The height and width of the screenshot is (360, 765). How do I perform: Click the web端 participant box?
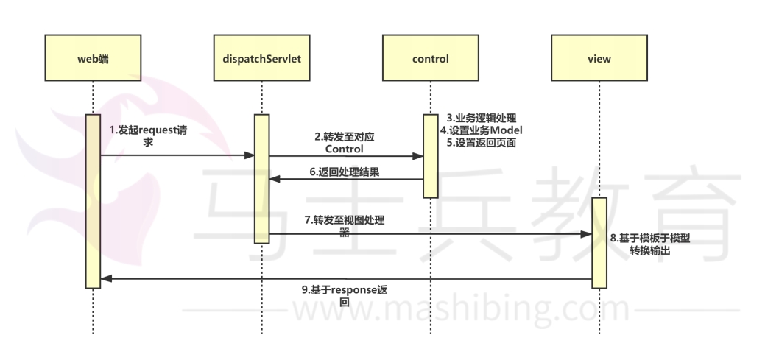93,57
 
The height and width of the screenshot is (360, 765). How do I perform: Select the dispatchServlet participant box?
261,57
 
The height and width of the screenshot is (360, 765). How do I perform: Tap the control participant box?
431,57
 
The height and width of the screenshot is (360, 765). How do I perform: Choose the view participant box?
599,57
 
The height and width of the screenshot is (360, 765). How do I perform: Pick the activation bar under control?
431,155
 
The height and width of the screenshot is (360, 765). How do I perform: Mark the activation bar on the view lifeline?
599,242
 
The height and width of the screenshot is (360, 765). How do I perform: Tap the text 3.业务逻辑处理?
482,118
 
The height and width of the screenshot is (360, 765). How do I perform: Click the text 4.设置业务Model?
485,130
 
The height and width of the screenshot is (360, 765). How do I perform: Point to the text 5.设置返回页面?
482,144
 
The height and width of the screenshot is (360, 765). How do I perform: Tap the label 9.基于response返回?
343,295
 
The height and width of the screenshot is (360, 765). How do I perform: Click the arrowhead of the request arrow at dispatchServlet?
250,155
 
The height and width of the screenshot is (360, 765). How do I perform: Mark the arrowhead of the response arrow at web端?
105,279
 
